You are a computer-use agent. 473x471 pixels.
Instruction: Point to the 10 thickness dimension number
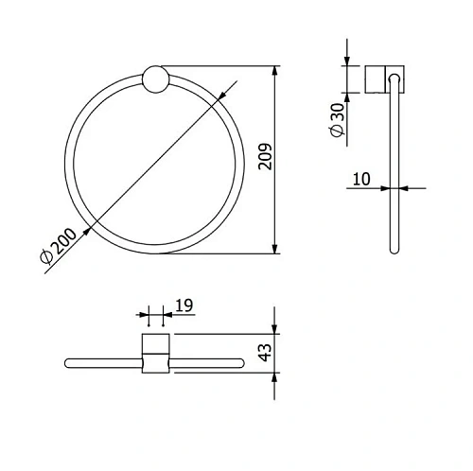360,178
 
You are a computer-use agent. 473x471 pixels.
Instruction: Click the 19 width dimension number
184,305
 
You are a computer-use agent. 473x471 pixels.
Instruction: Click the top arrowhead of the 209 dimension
275,71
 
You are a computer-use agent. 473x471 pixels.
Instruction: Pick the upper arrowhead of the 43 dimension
275,328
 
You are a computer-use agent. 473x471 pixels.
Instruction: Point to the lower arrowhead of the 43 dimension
275,377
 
